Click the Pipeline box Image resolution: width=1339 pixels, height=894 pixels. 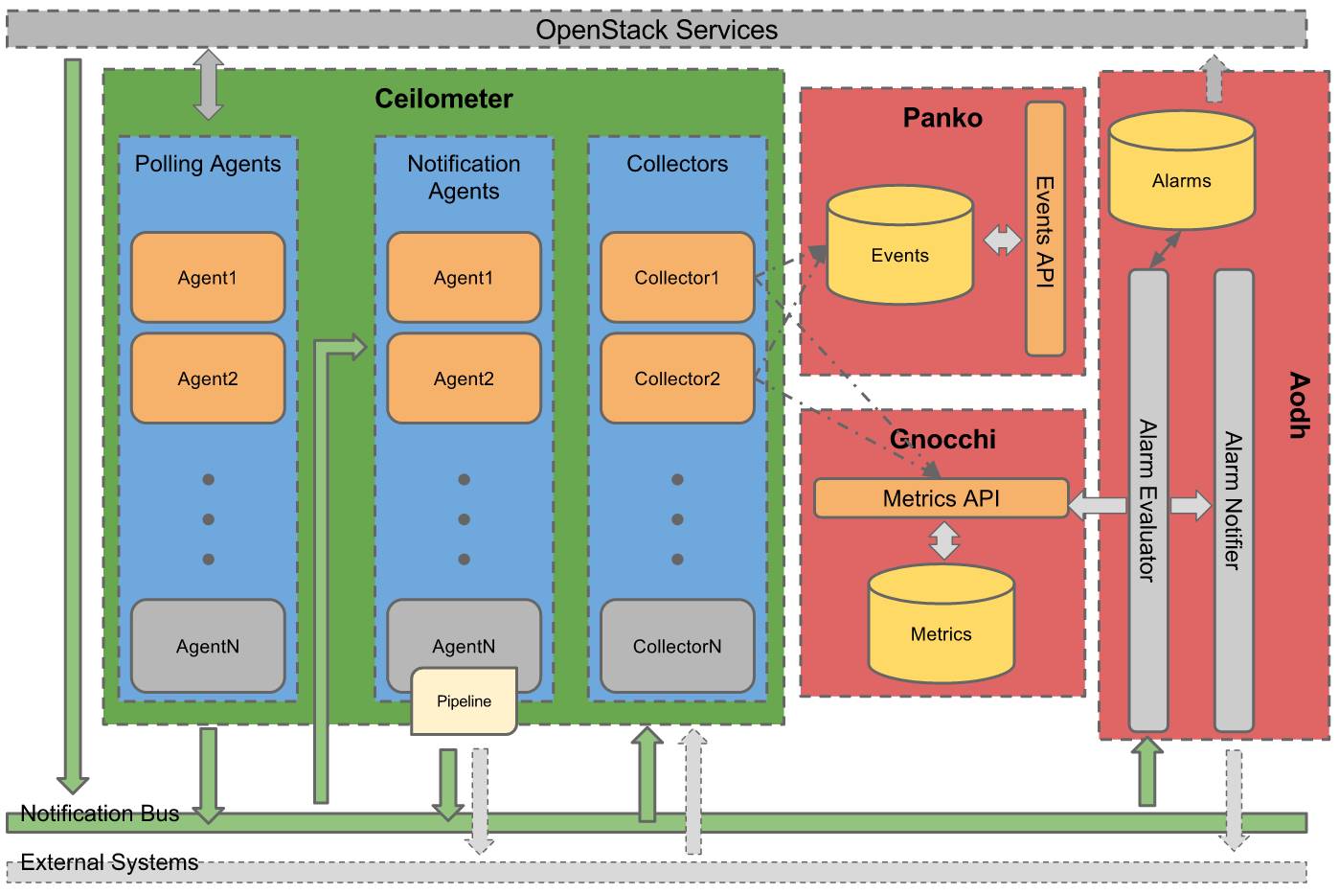464,701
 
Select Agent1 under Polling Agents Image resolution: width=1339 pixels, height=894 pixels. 207,278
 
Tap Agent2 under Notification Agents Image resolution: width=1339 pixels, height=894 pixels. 464,378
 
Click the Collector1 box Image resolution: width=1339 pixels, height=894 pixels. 676,278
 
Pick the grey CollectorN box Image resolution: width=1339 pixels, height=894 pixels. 676,646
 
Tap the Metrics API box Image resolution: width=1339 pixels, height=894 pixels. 941,498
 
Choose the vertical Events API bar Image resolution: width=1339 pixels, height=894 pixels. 1045,230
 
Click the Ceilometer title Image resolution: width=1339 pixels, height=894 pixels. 443,99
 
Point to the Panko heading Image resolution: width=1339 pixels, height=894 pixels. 942,118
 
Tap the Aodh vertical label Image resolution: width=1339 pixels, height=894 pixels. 1298,405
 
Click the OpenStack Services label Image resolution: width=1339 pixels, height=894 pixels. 656,30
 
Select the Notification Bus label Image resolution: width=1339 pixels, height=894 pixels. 100,814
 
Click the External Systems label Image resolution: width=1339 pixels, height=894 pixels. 109,862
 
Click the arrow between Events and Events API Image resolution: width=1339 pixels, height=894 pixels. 1002,240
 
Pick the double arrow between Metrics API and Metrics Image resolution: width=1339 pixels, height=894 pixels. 944,540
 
